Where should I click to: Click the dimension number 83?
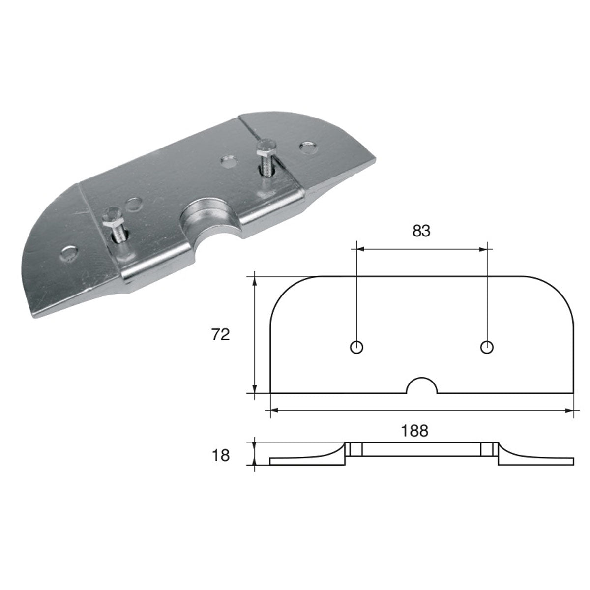tap(421, 231)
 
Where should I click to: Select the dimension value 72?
tap(221, 335)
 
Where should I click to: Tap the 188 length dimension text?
tap(415, 431)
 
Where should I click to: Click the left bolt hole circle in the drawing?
tap(356, 347)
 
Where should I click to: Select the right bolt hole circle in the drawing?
tap(487, 347)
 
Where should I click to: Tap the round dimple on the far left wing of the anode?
tap(69, 253)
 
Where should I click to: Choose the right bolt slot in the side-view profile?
tap(487, 449)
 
